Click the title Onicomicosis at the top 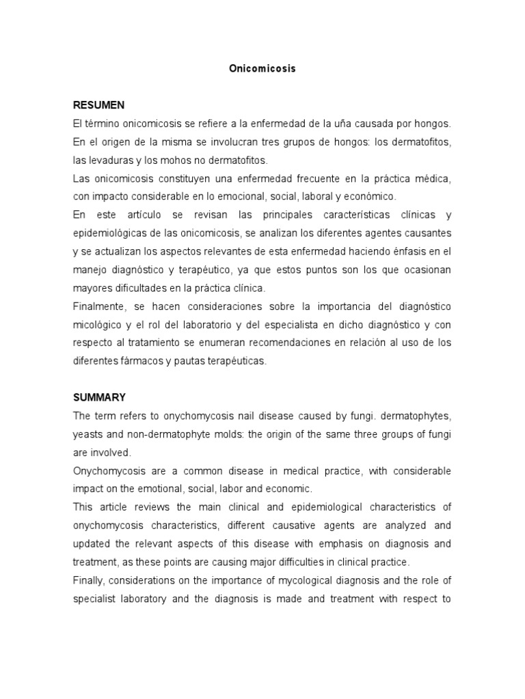point(262,69)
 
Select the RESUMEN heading point(98,105)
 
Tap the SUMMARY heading point(99,397)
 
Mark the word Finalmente point(100,306)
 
